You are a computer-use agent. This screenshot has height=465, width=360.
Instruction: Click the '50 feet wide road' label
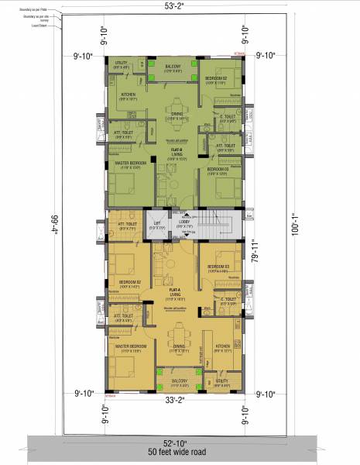179,450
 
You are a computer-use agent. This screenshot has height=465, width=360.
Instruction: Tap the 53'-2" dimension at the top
180,6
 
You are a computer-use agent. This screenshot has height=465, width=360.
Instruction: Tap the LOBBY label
185,222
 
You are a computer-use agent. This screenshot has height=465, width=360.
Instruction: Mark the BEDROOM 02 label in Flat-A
129,282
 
